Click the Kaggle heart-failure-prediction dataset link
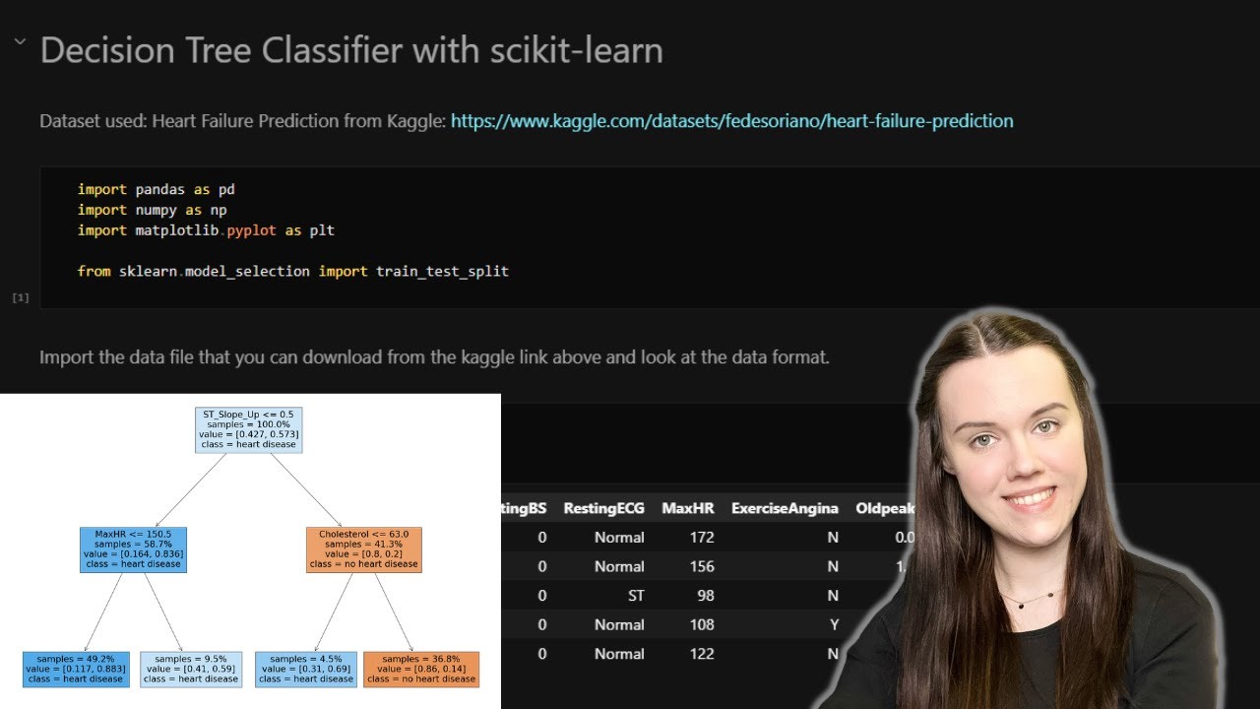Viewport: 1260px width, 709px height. click(731, 121)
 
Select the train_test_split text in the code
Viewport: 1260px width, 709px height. click(442, 271)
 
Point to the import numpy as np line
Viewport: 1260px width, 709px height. click(153, 210)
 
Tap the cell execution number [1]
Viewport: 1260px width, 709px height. click(20, 296)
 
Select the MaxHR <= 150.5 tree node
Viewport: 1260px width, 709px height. click(133, 548)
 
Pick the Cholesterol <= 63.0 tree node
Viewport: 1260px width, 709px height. click(363, 548)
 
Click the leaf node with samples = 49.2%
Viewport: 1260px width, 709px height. click(75, 669)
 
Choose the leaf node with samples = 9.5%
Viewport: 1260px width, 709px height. click(191, 669)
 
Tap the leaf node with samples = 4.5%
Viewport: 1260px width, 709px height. click(305, 669)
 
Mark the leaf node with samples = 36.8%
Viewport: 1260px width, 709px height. click(420, 669)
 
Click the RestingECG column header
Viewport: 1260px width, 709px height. click(603, 508)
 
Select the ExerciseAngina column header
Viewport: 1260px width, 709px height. click(785, 508)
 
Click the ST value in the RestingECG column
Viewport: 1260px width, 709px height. click(634, 596)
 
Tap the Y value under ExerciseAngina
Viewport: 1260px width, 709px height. click(833, 624)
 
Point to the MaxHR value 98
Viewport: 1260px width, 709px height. click(703, 596)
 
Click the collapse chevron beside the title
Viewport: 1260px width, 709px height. click(19, 43)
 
